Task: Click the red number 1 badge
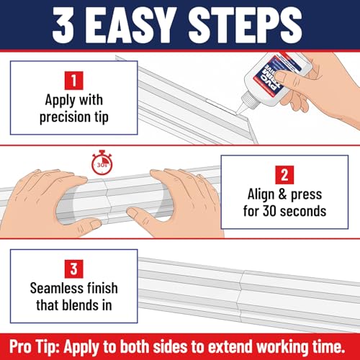click(74, 81)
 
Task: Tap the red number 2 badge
click(284, 175)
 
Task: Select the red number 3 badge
click(74, 269)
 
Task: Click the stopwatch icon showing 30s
click(102, 163)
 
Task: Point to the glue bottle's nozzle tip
click(237, 113)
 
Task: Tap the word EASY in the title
click(131, 25)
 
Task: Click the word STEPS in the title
click(245, 25)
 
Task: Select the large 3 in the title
click(63, 25)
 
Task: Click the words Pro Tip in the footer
click(35, 346)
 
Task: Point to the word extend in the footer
click(230, 346)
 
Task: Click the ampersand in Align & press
click(283, 194)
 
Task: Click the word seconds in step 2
click(303, 211)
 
